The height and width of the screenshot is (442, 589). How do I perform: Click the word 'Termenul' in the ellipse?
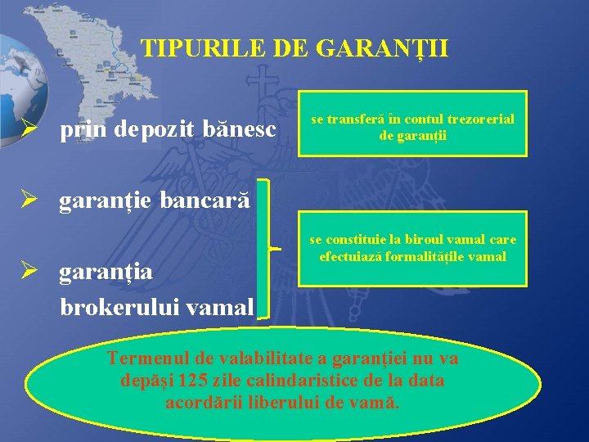point(147,359)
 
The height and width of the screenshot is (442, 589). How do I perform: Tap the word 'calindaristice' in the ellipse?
point(292,381)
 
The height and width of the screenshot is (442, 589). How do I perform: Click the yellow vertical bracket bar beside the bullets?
point(262,247)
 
